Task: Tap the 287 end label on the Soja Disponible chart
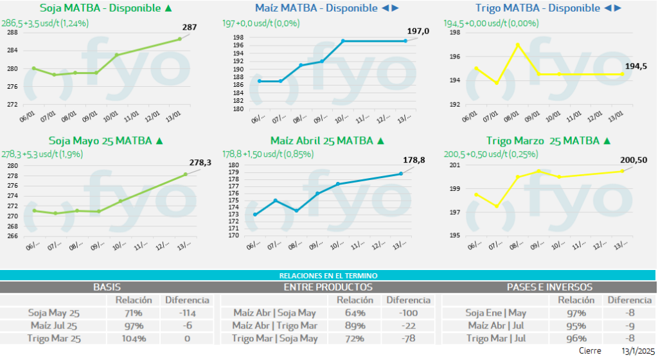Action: [x=190, y=28]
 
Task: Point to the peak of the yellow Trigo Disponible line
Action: [x=517, y=44]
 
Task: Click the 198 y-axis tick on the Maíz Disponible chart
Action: [x=238, y=38]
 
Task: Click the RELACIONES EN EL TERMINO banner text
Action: [x=328, y=275]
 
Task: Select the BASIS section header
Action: [x=107, y=287]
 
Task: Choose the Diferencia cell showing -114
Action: [x=187, y=313]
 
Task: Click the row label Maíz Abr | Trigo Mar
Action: [x=274, y=326]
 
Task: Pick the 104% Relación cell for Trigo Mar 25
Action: [x=134, y=339]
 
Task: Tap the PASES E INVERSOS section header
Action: [x=549, y=287]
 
